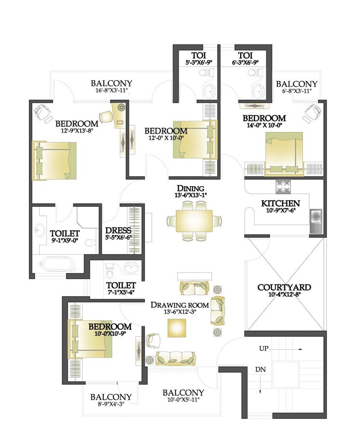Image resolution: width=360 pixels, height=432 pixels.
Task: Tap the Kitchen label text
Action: [280, 203]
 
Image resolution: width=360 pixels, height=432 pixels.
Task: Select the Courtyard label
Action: [284, 287]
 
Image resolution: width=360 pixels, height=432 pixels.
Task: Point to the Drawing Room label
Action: [180, 305]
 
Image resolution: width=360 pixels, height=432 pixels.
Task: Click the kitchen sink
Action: [316, 215]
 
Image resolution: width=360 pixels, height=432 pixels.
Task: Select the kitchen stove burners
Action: [282, 185]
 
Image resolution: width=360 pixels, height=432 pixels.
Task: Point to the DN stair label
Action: [260, 370]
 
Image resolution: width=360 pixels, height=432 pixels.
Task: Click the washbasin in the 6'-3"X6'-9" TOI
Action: [259, 90]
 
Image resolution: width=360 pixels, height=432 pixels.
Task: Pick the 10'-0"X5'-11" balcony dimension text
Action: [183, 400]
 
